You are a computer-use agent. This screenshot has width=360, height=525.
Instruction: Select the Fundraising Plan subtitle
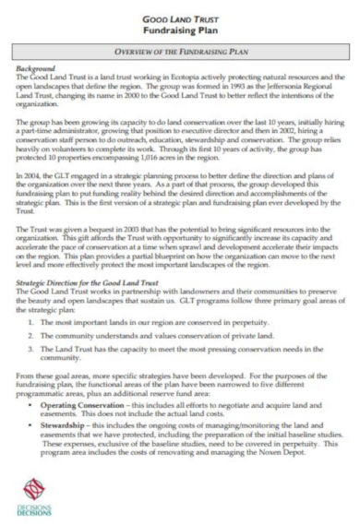click(181, 29)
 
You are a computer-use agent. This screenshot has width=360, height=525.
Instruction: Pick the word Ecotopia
click(167, 78)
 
